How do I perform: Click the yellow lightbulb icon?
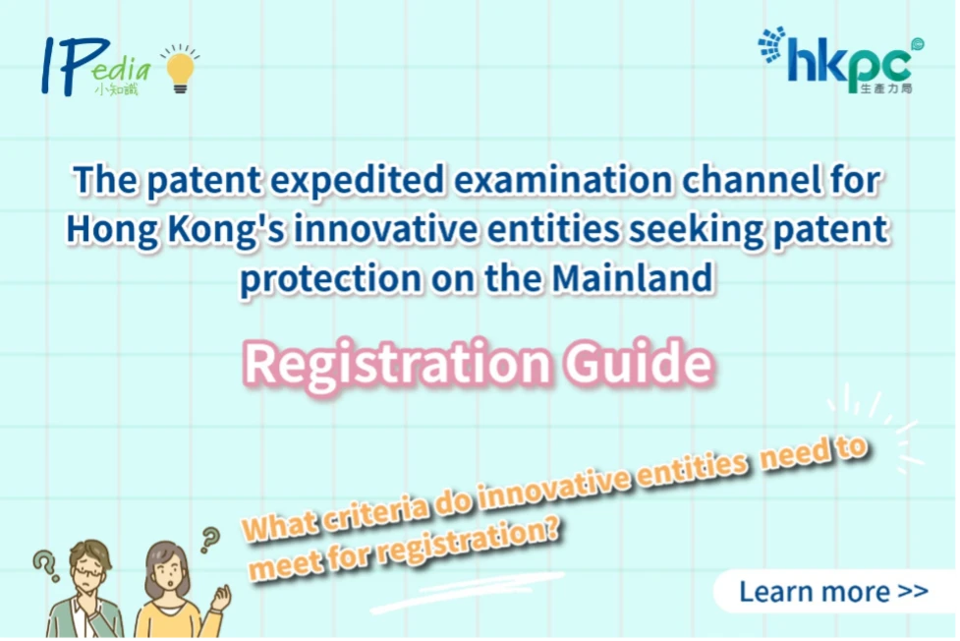(180, 70)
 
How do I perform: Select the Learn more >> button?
(834, 592)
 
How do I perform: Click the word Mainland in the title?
(633, 278)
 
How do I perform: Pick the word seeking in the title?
(696, 230)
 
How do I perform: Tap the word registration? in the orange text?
(469, 541)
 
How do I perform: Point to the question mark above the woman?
(210, 540)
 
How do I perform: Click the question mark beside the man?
(45, 566)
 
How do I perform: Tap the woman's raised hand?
(220, 599)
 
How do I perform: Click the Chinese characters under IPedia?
(116, 89)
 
